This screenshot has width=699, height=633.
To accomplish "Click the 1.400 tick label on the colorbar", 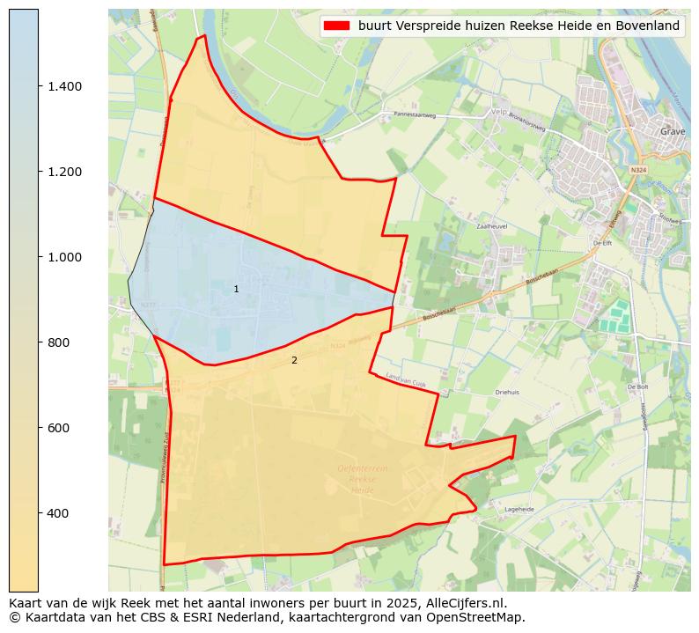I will (65, 86).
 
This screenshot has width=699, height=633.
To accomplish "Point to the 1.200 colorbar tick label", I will (65, 172).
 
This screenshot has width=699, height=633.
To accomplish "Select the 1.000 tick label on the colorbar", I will (65, 257).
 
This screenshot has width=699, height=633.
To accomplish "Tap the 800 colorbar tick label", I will (59, 342).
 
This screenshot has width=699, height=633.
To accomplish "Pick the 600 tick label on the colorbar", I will (59, 428).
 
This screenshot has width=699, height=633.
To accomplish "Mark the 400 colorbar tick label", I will (59, 513).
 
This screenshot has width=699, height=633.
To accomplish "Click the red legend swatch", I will (337, 26).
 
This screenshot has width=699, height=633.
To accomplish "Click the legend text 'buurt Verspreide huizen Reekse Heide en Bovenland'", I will (519, 26).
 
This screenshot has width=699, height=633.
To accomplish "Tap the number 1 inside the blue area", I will (236, 290).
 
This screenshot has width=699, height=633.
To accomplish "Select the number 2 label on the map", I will (294, 360).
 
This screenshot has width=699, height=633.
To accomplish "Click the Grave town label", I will (673, 131).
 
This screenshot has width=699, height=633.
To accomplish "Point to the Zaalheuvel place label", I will (493, 226).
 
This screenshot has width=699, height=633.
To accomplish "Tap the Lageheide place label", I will (519, 509).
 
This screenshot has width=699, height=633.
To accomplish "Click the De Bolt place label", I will (637, 386).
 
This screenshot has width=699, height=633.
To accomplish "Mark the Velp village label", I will (499, 112).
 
